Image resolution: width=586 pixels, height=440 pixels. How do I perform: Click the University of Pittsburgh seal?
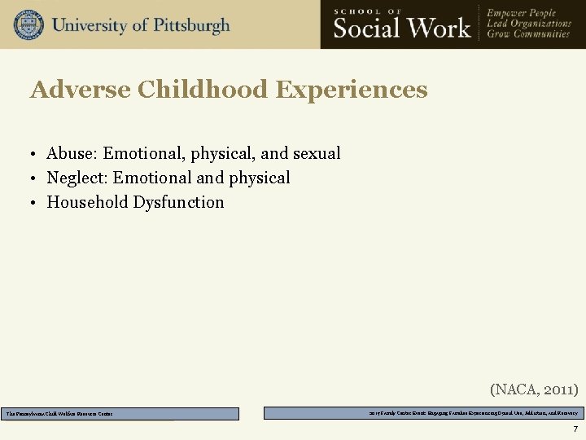(28, 24)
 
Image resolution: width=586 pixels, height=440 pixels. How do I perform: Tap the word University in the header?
(89, 24)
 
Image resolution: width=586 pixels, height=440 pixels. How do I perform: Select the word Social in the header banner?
(367, 28)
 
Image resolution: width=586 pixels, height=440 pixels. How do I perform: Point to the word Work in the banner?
(439, 28)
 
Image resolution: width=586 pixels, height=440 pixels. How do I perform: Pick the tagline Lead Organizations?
(529, 24)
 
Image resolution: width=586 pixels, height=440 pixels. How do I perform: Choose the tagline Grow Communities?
(528, 35)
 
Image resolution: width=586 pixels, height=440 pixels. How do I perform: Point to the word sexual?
(317, 153)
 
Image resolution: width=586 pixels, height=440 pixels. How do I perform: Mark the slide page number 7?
(575, 429)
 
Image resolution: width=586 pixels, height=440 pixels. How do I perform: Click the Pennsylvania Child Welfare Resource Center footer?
(59, 414)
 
